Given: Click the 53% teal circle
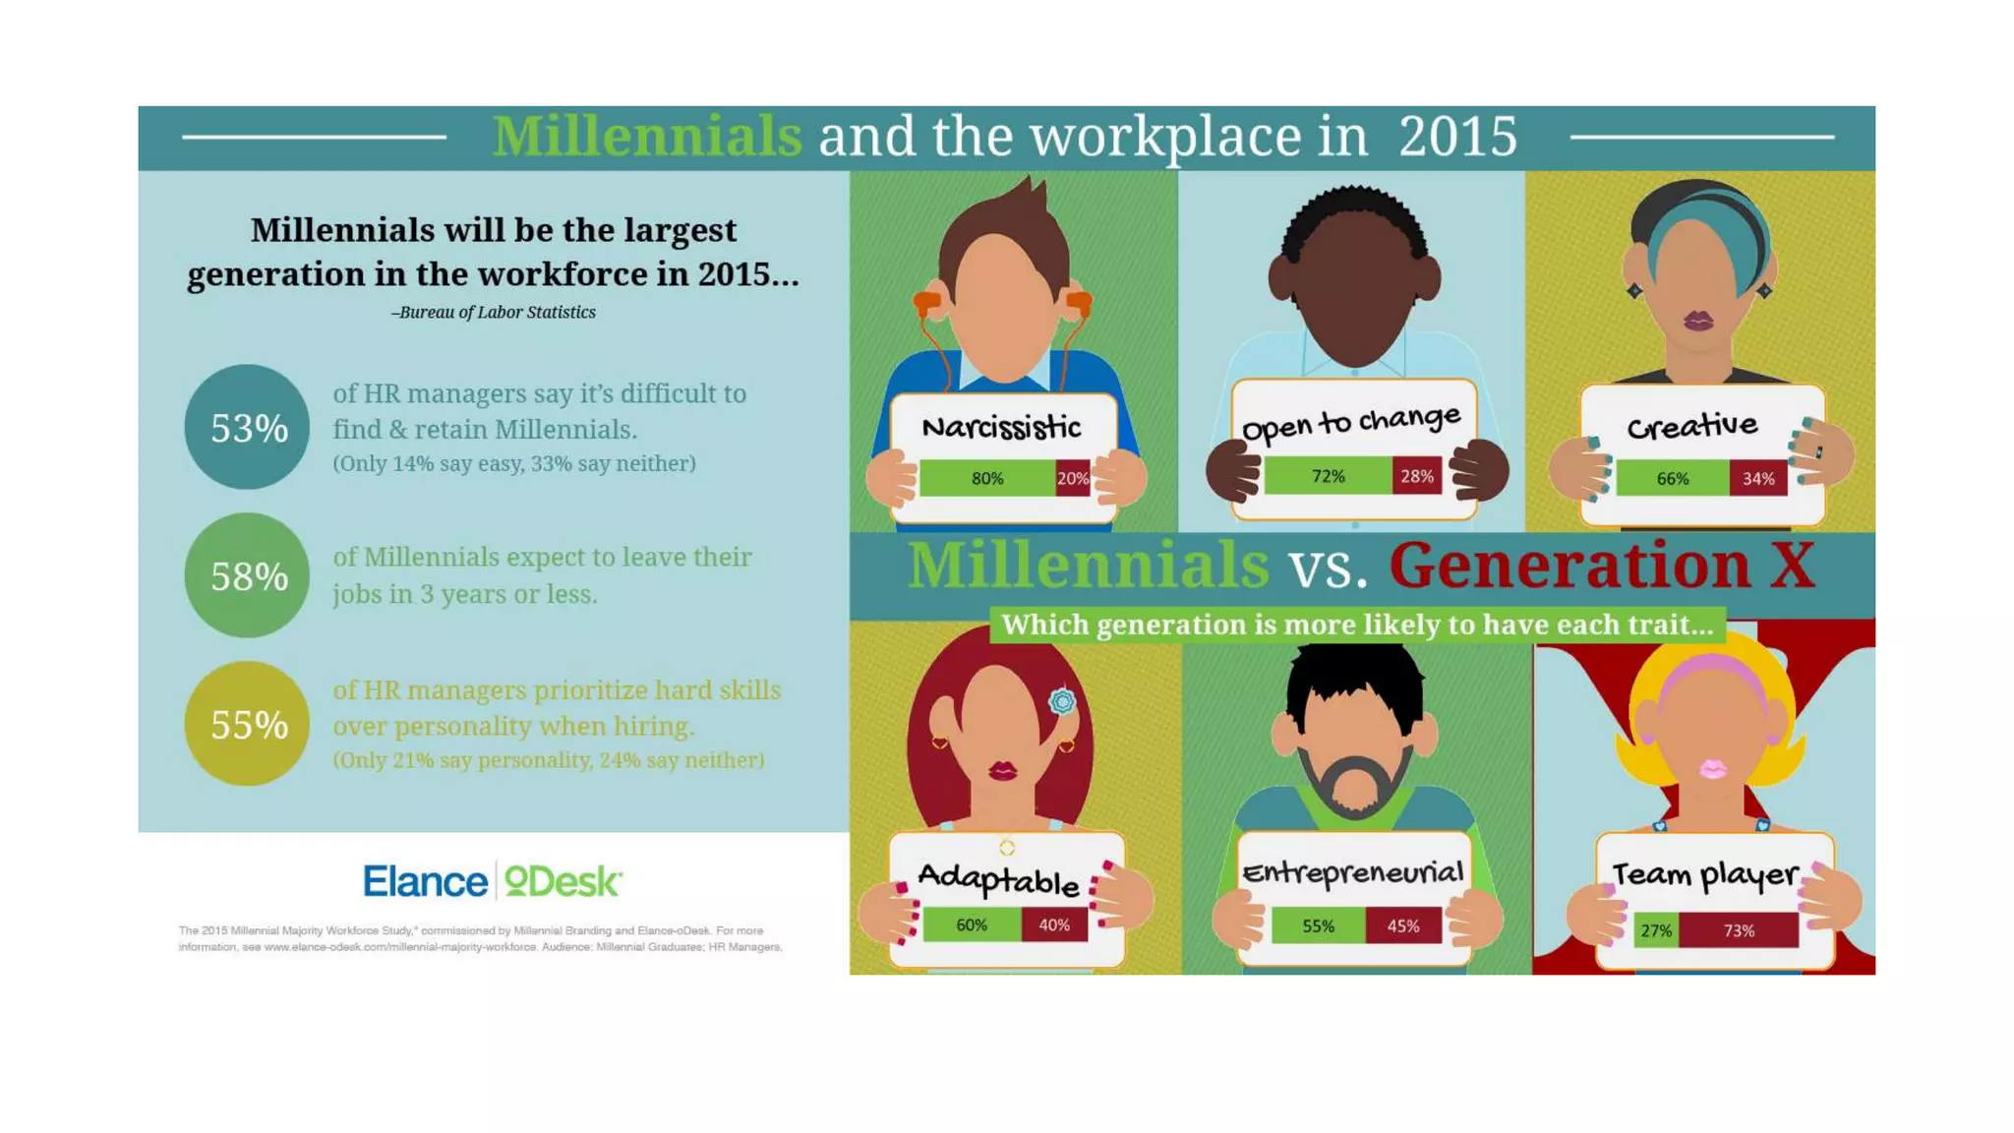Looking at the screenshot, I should [x=247, y=427].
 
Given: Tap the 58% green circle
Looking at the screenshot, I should [x=247, y=575].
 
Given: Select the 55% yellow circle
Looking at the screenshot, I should [x=247, y=724].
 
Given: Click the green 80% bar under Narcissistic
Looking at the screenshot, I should [x=987, y=478].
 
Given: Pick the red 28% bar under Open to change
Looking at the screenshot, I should [x=1416, y=476].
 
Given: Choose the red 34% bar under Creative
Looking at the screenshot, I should [x=1757, y=478].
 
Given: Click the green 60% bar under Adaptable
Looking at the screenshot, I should [x=972, y=924].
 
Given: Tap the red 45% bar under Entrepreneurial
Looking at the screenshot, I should [x=1402, y=925].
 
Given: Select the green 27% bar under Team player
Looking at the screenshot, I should [x=1656, y=929].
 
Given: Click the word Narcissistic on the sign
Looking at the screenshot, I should [x=1001, y=427].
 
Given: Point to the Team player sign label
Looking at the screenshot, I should [x=1704, y=874].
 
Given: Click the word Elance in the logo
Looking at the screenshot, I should [x=425, y=881].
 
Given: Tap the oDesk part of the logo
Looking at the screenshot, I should [x=563, y=881].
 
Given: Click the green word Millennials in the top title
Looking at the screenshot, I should [x=647, y=136].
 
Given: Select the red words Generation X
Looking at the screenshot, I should [x=1602, y=566].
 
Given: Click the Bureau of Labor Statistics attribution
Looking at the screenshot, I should [x=494, y=312].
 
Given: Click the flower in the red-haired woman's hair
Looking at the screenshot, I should [x=1062, y=701].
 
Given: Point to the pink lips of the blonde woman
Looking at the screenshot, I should [x=1712, y=768].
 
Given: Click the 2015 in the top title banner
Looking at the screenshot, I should [x=1457, y=136].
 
